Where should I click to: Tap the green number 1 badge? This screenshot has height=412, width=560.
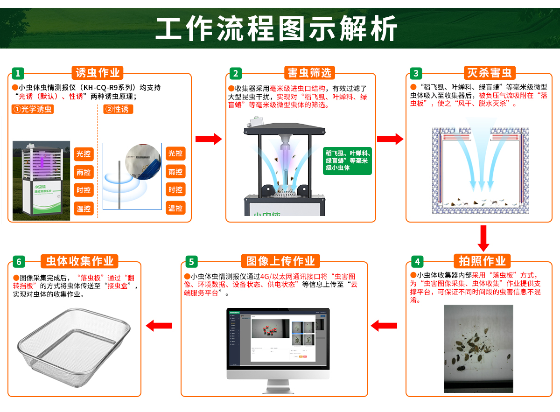click(x=17, y=73)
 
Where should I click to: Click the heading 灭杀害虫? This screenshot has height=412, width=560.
click(x=490, y=73)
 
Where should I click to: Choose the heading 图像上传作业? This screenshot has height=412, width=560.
click(x=280, y=261)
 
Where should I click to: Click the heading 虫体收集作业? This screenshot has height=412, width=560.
click(x=79, y=261)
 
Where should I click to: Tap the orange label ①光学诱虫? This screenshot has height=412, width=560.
click(x=33, y=110)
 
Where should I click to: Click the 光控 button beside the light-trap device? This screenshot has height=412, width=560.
click(x=84, y=154)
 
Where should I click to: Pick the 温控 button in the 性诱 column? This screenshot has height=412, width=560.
click(x=175, y=208)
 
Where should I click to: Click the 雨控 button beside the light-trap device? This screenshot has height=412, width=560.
click(x=84, y=172)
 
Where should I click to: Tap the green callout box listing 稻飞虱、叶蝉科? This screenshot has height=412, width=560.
click(x=347, y=160)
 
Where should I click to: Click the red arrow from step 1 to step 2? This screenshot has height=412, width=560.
click(x=208, y=139)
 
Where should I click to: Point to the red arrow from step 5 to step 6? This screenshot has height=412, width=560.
click(x=159, y=325)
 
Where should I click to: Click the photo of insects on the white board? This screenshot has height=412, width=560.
click(x=478, y=348)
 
